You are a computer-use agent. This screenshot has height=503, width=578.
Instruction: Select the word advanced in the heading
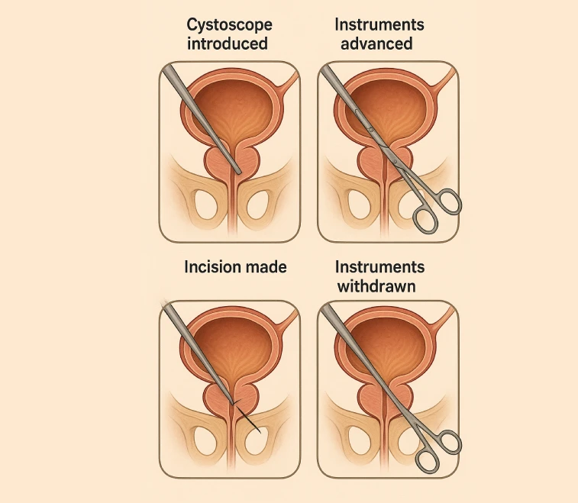[376, 43]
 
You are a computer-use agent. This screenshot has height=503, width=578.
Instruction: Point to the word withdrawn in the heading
[379, 285]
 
